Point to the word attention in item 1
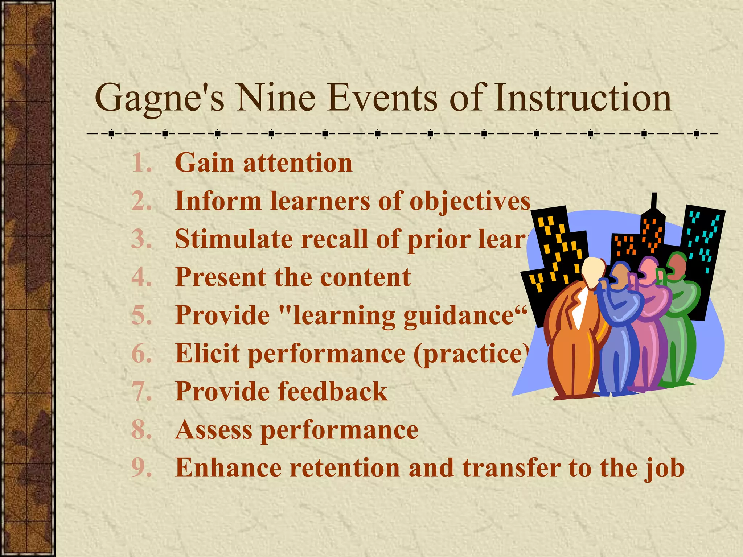[x=297, y=163]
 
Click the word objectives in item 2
[x=470, y=201]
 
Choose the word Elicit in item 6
[x=207, y=354]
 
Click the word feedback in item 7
[x=333, y=392]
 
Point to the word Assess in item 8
[x=213, y=430]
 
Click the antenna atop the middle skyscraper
[x=654, y=202]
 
